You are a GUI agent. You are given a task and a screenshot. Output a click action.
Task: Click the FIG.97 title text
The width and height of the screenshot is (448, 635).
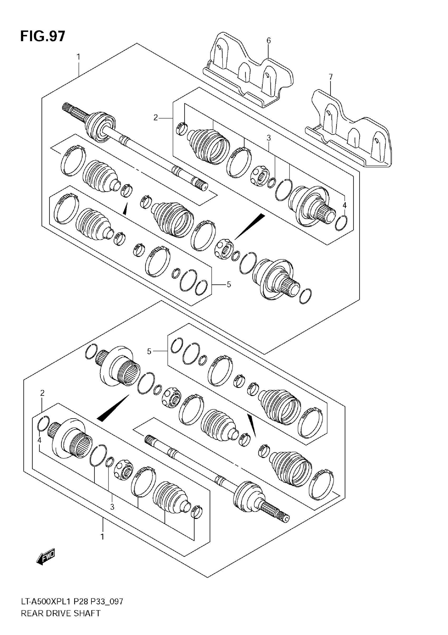tap(43, 36)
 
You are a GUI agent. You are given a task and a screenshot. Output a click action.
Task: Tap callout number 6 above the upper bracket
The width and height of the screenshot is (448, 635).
tap(268, 41)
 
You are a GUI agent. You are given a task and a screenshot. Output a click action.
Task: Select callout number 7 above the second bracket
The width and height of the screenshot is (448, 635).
tap(331, 77)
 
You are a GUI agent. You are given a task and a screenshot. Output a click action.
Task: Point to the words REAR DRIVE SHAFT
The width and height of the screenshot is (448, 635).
tap(61, 621)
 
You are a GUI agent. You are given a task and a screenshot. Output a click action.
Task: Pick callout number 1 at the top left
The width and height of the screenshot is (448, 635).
tap(79, 57)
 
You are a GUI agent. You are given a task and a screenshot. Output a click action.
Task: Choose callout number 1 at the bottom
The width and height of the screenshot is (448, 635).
tap(103, 537)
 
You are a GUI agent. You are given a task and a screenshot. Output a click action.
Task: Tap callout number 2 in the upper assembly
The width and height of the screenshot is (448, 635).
tap(155, 118)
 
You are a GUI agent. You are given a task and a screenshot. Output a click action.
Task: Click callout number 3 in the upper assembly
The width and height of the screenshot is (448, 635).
tap(269, 137)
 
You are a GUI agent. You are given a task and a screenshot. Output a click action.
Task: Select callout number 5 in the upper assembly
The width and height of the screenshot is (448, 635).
tap(229, 284)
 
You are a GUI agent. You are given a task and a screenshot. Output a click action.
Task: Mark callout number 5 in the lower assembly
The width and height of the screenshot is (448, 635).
tap(149, 352)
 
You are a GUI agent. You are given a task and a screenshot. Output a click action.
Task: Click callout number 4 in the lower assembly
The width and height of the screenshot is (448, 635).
tap(40, 440)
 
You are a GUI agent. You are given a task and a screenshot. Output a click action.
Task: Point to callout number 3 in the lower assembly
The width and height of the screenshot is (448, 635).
tap(112, 507)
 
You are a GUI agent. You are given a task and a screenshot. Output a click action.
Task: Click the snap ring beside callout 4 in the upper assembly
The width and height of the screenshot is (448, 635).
tap(341, 223)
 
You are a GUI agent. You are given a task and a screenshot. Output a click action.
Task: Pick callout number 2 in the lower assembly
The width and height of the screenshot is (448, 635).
tap(42, 393)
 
